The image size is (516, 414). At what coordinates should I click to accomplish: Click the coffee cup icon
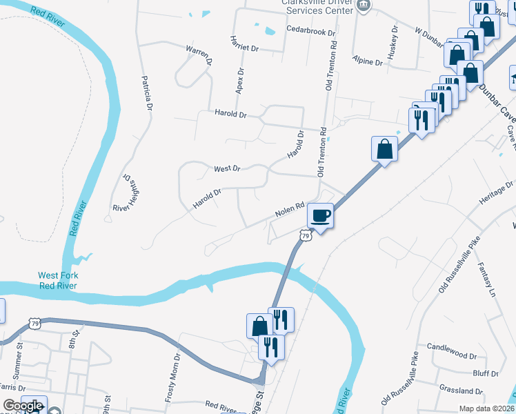click(x=320, y=215)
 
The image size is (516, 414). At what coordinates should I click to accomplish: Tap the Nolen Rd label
click(x=290, y=210)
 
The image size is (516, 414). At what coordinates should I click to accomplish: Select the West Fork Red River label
click(x=58, y=280)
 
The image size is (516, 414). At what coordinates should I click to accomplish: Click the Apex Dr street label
click(x=240, y=81)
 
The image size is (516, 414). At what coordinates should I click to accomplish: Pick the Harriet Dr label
click(x=244, y=44)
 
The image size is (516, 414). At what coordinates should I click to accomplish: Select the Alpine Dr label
click(x=367, y=61)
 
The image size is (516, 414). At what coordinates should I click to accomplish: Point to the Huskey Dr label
click(x=392, y=43)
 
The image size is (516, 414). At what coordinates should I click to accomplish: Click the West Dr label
click(x=226, y=168)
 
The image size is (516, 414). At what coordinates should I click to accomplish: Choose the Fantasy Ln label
click(x=486, y=282)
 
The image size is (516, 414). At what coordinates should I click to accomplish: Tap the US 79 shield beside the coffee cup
click(x=305, y=236)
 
